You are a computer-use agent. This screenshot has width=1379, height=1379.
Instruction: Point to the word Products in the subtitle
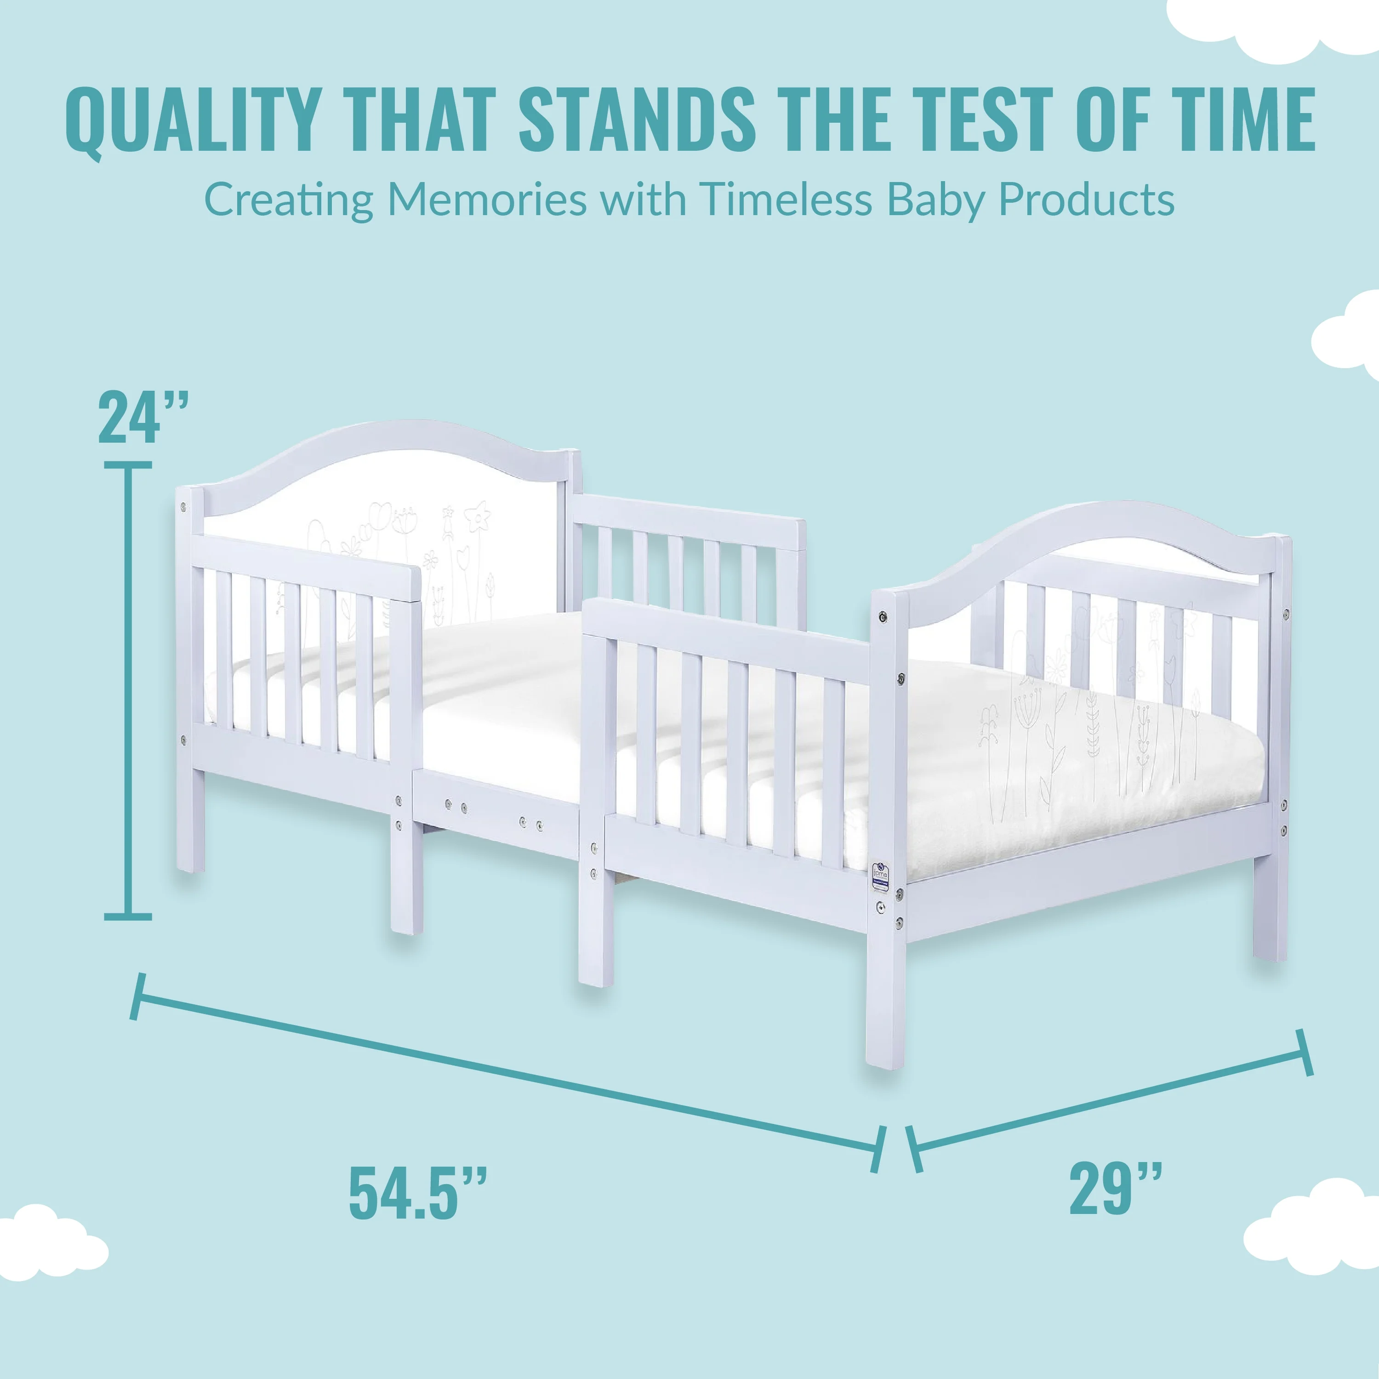point(1086,200)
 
